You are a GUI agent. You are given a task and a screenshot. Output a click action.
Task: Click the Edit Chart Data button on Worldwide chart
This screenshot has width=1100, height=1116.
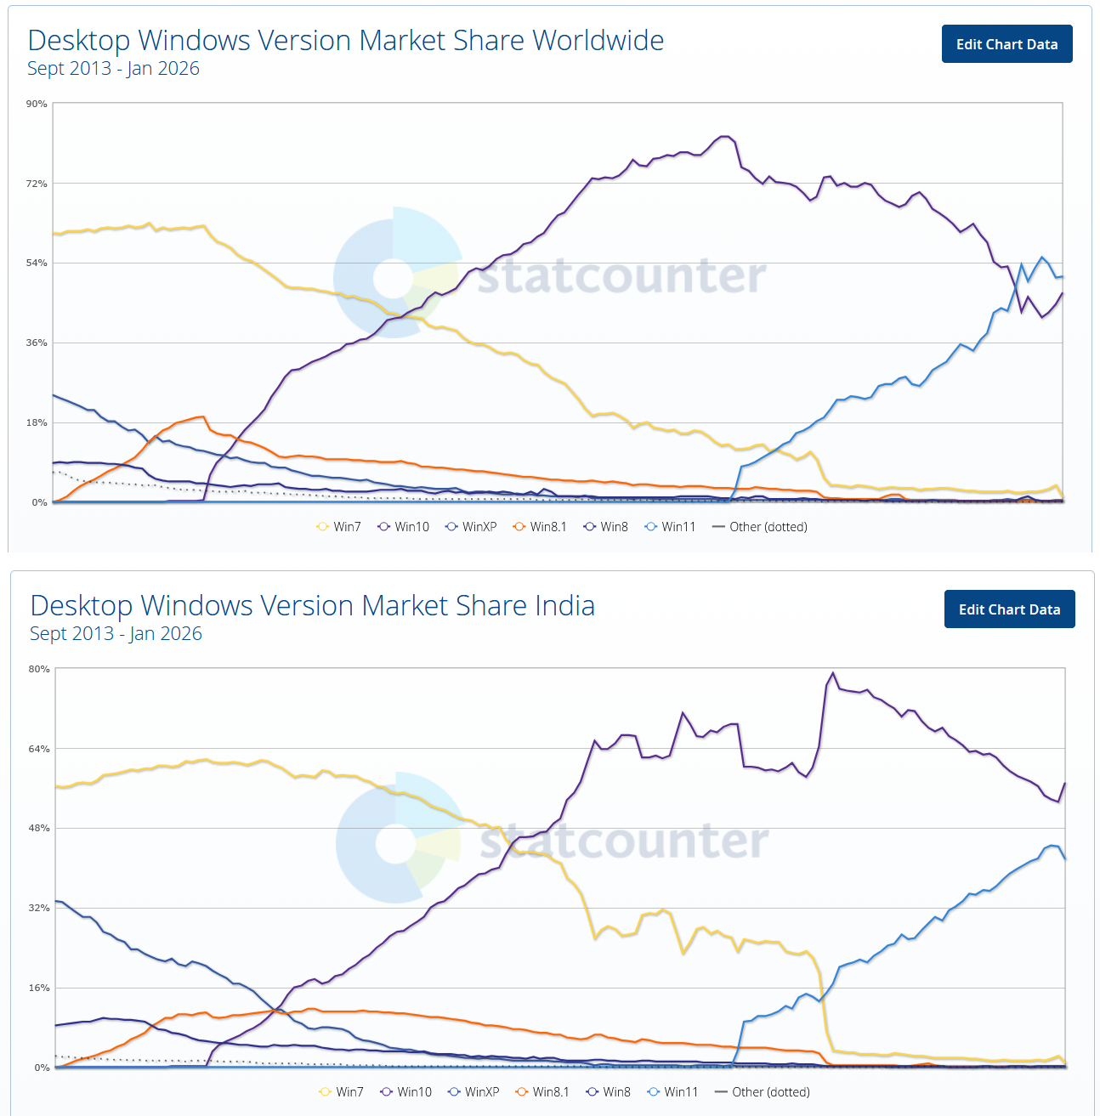point(1006,44)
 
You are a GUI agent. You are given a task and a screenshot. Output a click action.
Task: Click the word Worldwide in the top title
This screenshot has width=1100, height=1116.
point(598,41)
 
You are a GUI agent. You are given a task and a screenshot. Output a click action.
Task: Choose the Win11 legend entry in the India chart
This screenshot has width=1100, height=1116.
point(672,1092)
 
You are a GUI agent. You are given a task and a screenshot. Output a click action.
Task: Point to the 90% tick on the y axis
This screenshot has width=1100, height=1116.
point(37,104)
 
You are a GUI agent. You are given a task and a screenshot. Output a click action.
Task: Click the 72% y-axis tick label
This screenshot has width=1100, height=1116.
point(37,184)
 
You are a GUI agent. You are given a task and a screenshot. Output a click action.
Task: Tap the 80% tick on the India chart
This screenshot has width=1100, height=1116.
point(39,669)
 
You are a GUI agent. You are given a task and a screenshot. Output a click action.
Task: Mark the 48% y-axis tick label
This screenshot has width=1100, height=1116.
point(39,828)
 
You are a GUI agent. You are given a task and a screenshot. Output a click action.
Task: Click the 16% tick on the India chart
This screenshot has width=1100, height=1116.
point(39,988)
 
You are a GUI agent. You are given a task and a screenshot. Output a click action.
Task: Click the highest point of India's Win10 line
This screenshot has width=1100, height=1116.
point(832,673)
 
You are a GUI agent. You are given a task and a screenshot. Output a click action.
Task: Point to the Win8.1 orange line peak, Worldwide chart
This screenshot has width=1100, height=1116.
point(202,416)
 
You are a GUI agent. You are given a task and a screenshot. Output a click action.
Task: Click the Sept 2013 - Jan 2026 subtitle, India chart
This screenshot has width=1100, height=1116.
point(116,634)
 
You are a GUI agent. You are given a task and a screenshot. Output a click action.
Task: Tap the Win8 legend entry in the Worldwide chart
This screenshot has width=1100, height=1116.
point(606,527)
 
